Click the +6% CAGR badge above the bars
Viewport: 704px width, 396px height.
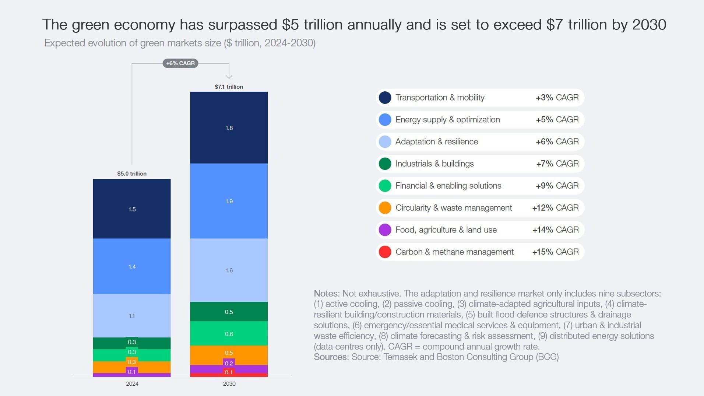tap(180, 63)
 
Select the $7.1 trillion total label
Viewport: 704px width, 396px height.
tap(229, 87)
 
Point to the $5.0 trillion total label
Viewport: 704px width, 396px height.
tap(132, 174)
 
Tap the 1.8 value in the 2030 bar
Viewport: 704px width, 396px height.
tap(229, 128)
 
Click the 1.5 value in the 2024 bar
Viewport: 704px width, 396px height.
tap(132, 209)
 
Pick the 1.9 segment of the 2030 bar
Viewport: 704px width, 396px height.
tap(229, 201)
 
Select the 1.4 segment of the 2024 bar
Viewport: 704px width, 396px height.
tap(132, 266)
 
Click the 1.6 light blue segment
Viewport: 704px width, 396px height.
tap(229, 270)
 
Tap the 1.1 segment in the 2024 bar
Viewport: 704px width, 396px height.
tap(132, 316)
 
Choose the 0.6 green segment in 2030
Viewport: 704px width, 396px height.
tap(229, 334)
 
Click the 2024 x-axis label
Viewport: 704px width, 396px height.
tap(132, 384)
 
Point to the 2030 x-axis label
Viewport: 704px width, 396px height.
tap(229, 384)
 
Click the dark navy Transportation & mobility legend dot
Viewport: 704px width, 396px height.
tap(385, 98)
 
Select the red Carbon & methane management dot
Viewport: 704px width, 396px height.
tap(385, 252)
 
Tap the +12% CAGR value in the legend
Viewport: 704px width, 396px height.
tap(555, 208)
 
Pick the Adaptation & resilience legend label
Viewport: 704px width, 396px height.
tap(437, 142)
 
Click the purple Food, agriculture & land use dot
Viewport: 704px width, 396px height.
tap(385, 230)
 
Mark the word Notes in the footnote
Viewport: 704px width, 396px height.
tap(326, 294)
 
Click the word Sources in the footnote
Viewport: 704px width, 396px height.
tap(330, 357)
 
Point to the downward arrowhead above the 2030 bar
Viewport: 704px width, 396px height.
tap(229, 76)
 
